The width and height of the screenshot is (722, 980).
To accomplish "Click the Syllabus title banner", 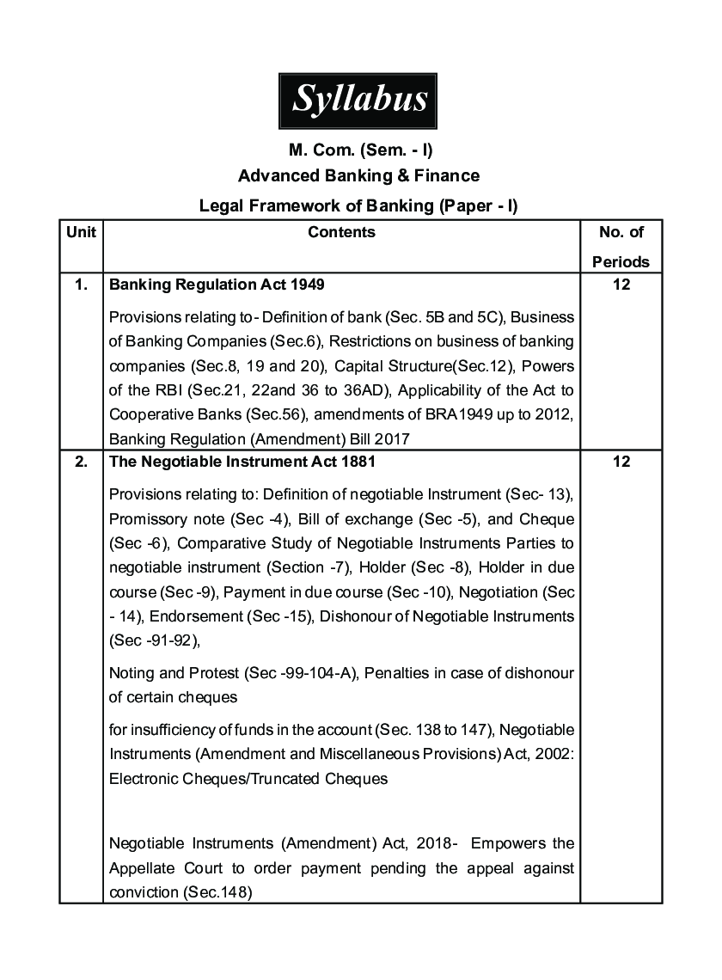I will (359, 100).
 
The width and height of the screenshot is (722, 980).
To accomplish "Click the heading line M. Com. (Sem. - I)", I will (359, 150).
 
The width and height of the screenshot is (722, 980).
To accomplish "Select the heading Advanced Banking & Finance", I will (358, 176).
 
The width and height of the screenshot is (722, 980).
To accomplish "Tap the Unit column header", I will (81, 232).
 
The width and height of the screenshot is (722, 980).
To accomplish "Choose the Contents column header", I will (341, 232).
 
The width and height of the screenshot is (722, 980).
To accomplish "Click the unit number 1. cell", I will (81, 285).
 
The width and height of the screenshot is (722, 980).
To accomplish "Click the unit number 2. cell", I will (81, 462).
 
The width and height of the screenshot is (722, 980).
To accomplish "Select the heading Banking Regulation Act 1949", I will (217, 285).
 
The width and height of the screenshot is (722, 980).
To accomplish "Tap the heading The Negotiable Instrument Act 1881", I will (242, 462).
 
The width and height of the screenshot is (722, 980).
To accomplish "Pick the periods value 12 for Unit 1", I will (621, 285).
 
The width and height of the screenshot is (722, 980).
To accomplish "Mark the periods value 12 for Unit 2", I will (621, 462).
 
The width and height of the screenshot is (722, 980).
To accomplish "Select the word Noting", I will (130, 673).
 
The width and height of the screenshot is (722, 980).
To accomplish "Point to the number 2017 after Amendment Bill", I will (391, 438).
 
